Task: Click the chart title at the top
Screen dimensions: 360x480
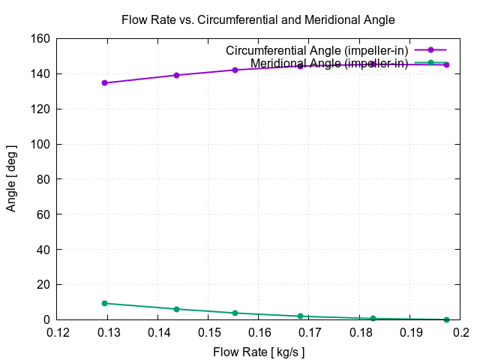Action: click(x=258, y=19)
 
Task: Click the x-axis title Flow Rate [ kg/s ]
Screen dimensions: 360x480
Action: click(x=259, y=351)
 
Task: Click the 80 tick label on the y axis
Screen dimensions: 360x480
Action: click(x=42, y=179)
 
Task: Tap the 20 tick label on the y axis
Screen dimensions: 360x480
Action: click(x=42, y=285)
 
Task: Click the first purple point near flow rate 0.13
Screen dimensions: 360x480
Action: click(x=104, y=82)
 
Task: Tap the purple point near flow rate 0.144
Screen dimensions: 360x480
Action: click(x=176, y=75)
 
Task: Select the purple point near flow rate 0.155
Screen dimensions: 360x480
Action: click(x=235, y=70)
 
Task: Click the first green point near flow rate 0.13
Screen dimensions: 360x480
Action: click(x=104, y=303)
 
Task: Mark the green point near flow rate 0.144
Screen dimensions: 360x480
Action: click(x=176, y=309)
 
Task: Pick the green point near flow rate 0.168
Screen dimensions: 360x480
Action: click(x=300, y=316)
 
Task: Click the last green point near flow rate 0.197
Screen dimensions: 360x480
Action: click(x=446, y=319)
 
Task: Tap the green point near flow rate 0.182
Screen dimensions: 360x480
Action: click(x=373, y=319)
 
